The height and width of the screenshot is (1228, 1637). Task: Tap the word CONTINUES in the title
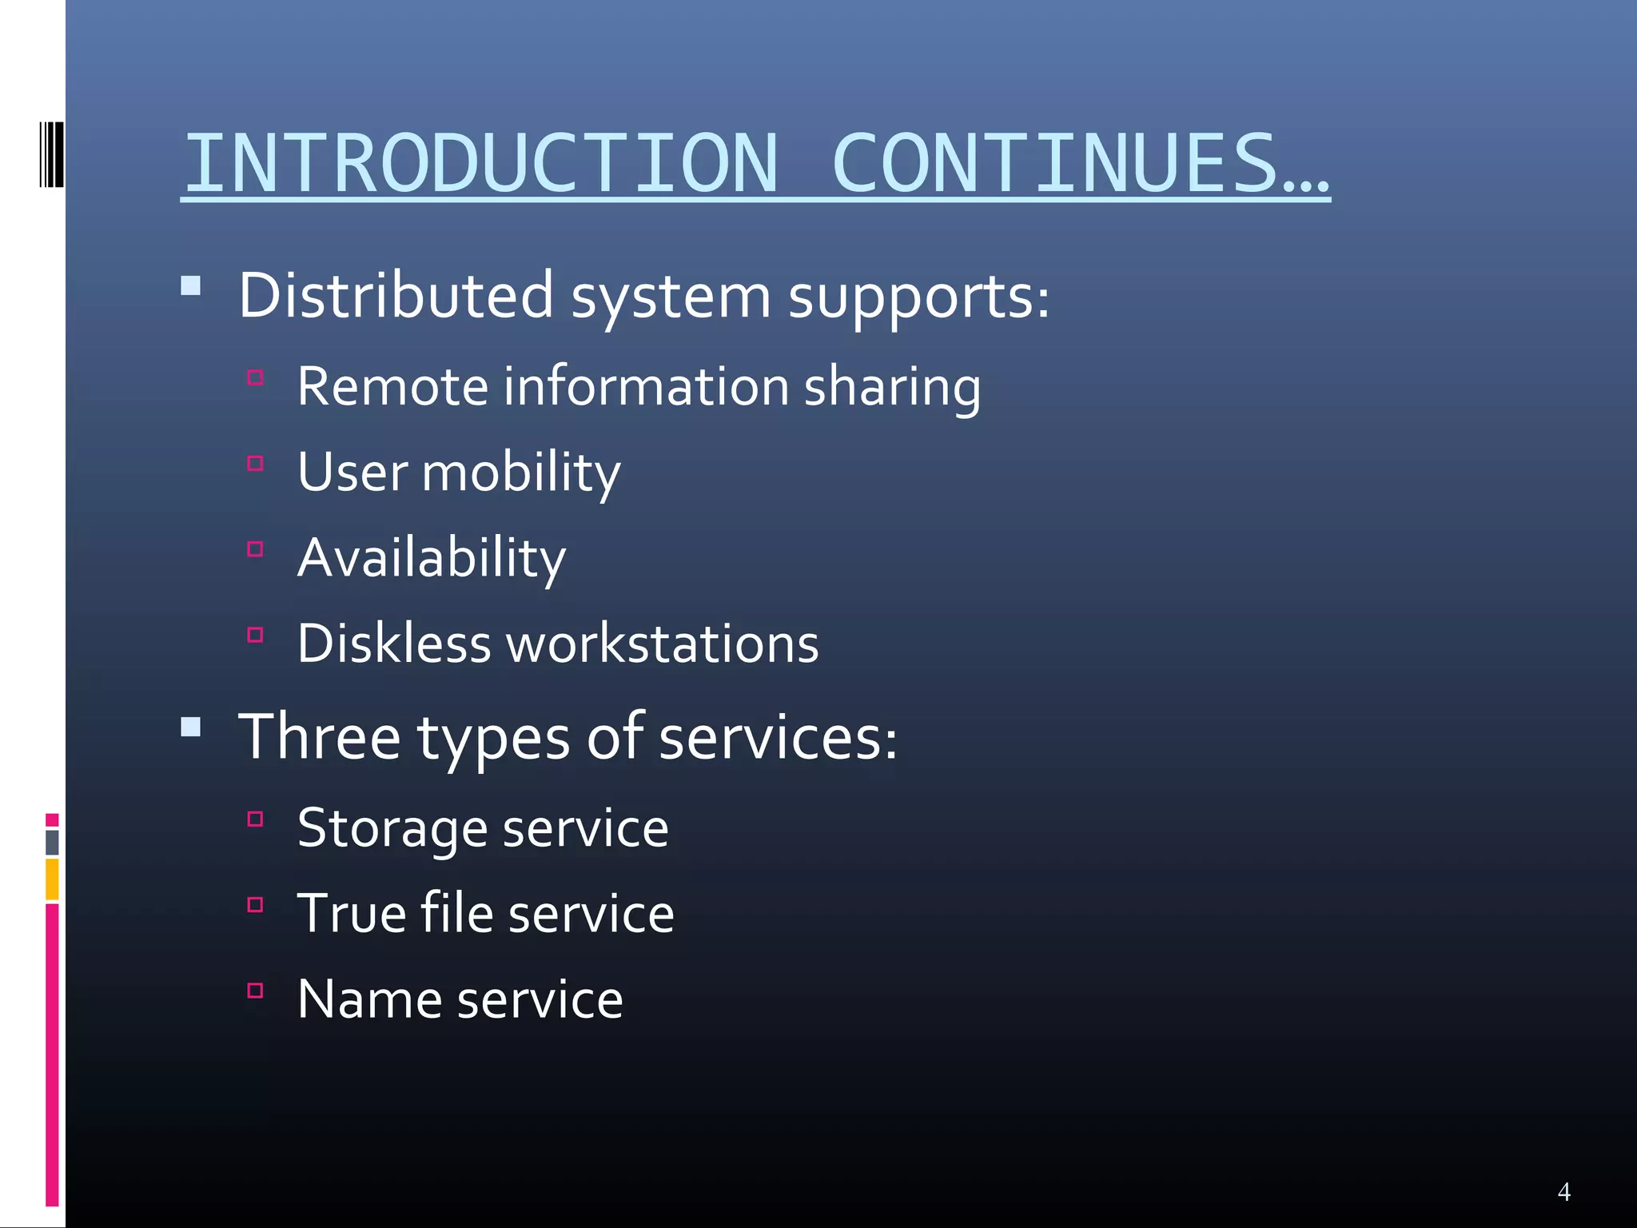[1055, 163]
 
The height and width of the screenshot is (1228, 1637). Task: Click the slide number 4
[1564, 1192]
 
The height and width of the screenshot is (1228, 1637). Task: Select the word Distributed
[396, 296]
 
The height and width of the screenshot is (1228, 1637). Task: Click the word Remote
[392, 386]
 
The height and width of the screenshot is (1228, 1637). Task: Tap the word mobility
[520, 472]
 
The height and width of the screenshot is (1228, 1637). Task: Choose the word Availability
[432, 558]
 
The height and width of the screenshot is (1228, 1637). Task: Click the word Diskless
[393, 644]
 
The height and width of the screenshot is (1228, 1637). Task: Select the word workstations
[663, 644]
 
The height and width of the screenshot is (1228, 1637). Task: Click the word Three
[320, 736]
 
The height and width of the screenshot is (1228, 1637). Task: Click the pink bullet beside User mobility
[256, 464]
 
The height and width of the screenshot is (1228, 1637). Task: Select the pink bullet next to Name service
[256, 991]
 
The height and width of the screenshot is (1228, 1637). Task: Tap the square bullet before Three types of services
[191, 727]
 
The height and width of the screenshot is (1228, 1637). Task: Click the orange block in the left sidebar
[52, 879]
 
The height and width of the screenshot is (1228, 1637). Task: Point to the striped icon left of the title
[52, 154]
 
